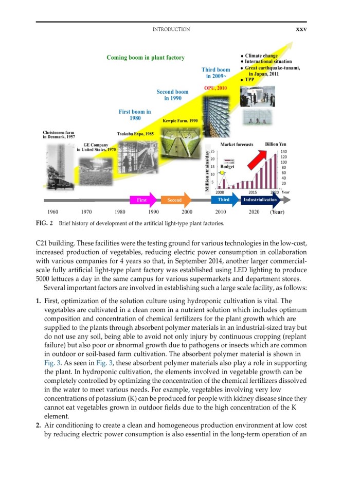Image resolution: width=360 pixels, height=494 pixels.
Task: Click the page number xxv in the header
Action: [x=301, y=29]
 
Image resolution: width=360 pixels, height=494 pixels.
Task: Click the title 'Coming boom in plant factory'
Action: [x=146, y=57]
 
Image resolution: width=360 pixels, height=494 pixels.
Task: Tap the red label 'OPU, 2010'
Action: [x=215, y=89]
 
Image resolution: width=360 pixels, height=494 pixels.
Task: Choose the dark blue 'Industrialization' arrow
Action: [x=260, y=200]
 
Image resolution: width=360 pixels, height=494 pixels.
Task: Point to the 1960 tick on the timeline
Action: [x=52, y=211]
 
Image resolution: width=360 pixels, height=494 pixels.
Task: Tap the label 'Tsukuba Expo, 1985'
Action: [x=135, y=134]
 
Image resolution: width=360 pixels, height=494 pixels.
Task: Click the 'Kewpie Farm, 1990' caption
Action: [x=180, y=120]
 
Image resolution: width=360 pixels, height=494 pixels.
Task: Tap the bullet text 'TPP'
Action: [x=249, y=80]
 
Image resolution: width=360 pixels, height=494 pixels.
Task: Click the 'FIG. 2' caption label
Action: [x=45, y=224]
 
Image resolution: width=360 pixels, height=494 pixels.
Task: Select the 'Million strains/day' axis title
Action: [x=206, y=170]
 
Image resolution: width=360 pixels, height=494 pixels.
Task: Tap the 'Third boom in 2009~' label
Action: [x=215, y=73]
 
